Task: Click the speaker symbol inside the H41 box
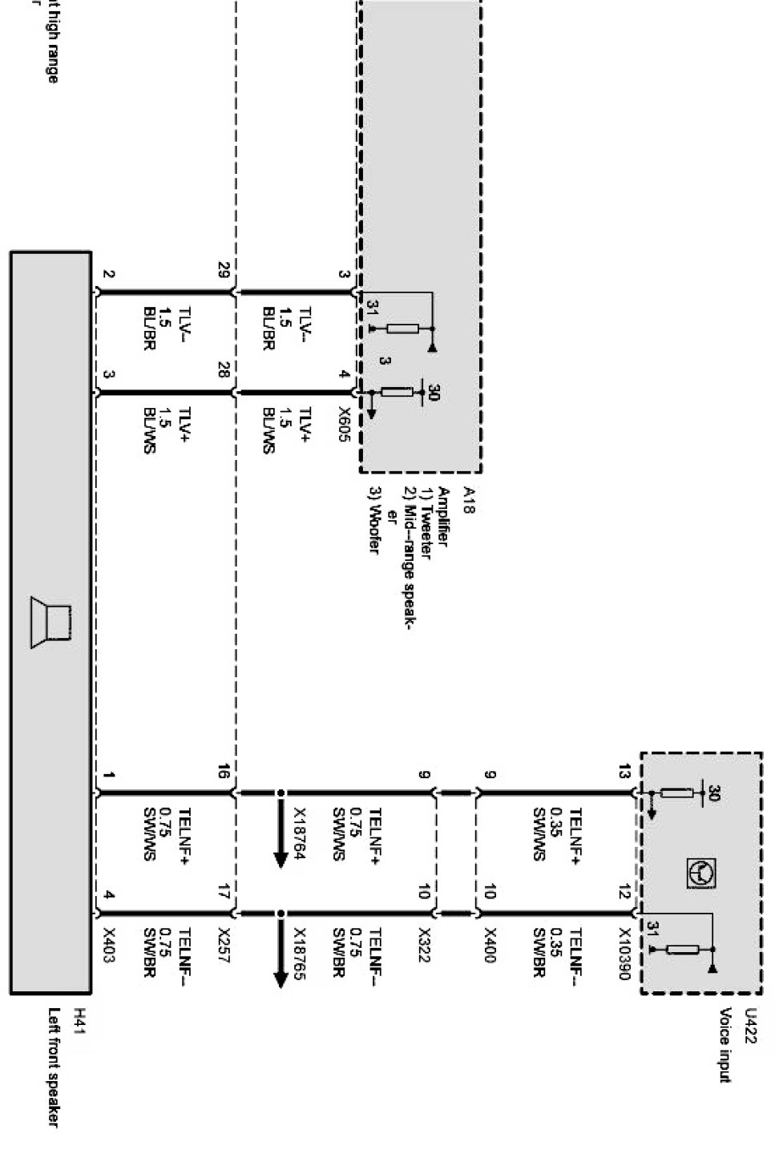(x=51, y=623)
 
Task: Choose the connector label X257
(x=224, y=946)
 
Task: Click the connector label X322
(x=424, y=946)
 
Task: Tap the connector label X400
(x=490, y=946)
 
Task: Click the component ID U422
(x=750, y=1027)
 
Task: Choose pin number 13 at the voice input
(x=624, y=771)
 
